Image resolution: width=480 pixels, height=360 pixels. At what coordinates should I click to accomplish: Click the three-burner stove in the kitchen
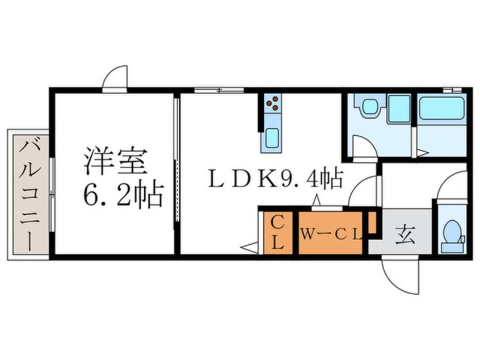click(x=273, y=103)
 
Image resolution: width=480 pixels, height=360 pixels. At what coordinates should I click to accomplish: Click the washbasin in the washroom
click(x=370, y=107)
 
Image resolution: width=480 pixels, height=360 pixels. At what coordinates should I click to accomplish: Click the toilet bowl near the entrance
click(x=453, y=235)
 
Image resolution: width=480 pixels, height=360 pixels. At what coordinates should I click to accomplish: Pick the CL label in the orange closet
click(x=278, y=232)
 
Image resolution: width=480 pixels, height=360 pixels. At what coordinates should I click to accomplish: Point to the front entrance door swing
click(x=402, y=276)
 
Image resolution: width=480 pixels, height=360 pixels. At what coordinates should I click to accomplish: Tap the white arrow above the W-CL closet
click(x=317, y=200)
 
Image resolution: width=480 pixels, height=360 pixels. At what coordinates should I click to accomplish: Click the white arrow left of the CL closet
click(x=249, y=246)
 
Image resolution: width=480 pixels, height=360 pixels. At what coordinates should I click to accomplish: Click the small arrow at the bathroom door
click(x=422, y=152)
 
